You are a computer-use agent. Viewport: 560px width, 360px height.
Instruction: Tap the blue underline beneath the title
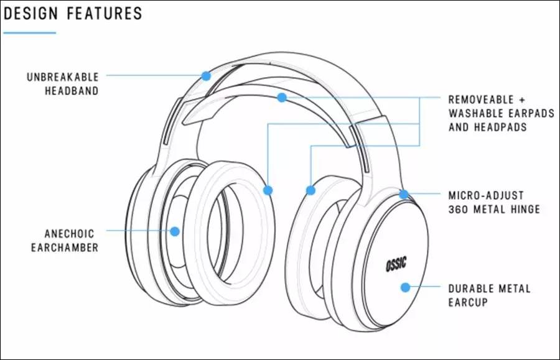(x=29, y=32)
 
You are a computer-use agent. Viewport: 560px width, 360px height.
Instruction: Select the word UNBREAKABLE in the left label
(x=63, y=77)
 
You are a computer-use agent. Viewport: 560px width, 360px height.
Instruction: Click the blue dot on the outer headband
(x=206, y=75)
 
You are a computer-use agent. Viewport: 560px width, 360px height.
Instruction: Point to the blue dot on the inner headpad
(x=282, y=98)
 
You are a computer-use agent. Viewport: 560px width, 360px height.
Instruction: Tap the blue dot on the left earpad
(x=268, y=190)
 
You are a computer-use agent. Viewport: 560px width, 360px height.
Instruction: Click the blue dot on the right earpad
(x=310, y=189)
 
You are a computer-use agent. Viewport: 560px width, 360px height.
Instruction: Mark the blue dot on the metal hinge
(x=404, y=194)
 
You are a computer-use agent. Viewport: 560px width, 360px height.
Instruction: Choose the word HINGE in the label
(x=525, y=210)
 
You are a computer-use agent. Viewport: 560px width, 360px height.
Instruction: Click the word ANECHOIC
(x=69, y=234)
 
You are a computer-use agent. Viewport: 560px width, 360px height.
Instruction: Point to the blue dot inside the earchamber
(x=175, y=231)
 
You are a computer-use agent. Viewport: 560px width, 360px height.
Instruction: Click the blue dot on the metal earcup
(x=405, y=287)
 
